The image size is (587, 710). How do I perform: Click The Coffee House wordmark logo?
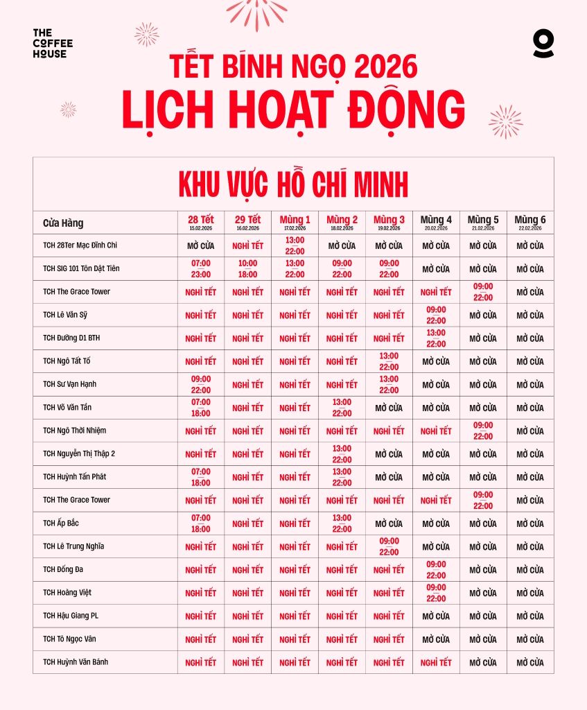pyautogui.click(x=53, y=44)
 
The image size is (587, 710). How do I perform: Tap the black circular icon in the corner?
pyautogui.click(x=543, y=43)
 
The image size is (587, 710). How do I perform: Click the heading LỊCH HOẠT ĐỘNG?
pyautogui.click(x=293, y=110)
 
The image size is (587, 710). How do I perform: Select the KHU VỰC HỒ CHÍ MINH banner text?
pyautogui.click(x=293, y=184)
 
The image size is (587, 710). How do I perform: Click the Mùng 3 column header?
pyautogui.click(x=389, y=222)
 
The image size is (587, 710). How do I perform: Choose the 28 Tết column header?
pyautogui.click(x=201, y=222)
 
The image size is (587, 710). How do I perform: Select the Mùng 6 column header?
pyautogui.click(x=530, y=222)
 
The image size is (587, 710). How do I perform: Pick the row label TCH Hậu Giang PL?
pyautogui.click(x=71, y=616)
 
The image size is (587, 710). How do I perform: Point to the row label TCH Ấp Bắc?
pyautogui.click(x=61, y=523)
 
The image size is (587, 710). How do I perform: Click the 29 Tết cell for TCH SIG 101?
pyautogui.click(x=247, y=268)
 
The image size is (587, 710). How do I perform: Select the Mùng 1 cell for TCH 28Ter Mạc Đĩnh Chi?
pyautogui.click(x=295, y=245)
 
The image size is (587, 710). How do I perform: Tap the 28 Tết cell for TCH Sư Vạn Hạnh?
pyautogui.click(x=201, y=384)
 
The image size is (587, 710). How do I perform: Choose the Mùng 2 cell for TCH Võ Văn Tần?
pyautogui.click(x=342, y=408)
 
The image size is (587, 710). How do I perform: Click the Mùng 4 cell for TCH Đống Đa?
pyautogui.click(x=436, y=569)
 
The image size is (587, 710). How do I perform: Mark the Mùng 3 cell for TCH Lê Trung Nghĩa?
pyautogui.click(x=389, y=546)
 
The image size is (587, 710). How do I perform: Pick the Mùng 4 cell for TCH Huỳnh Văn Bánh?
pyautogui.click(x=436, y=662)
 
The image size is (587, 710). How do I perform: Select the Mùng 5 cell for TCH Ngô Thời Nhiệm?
pyautogui.click(x=483, y=431)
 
